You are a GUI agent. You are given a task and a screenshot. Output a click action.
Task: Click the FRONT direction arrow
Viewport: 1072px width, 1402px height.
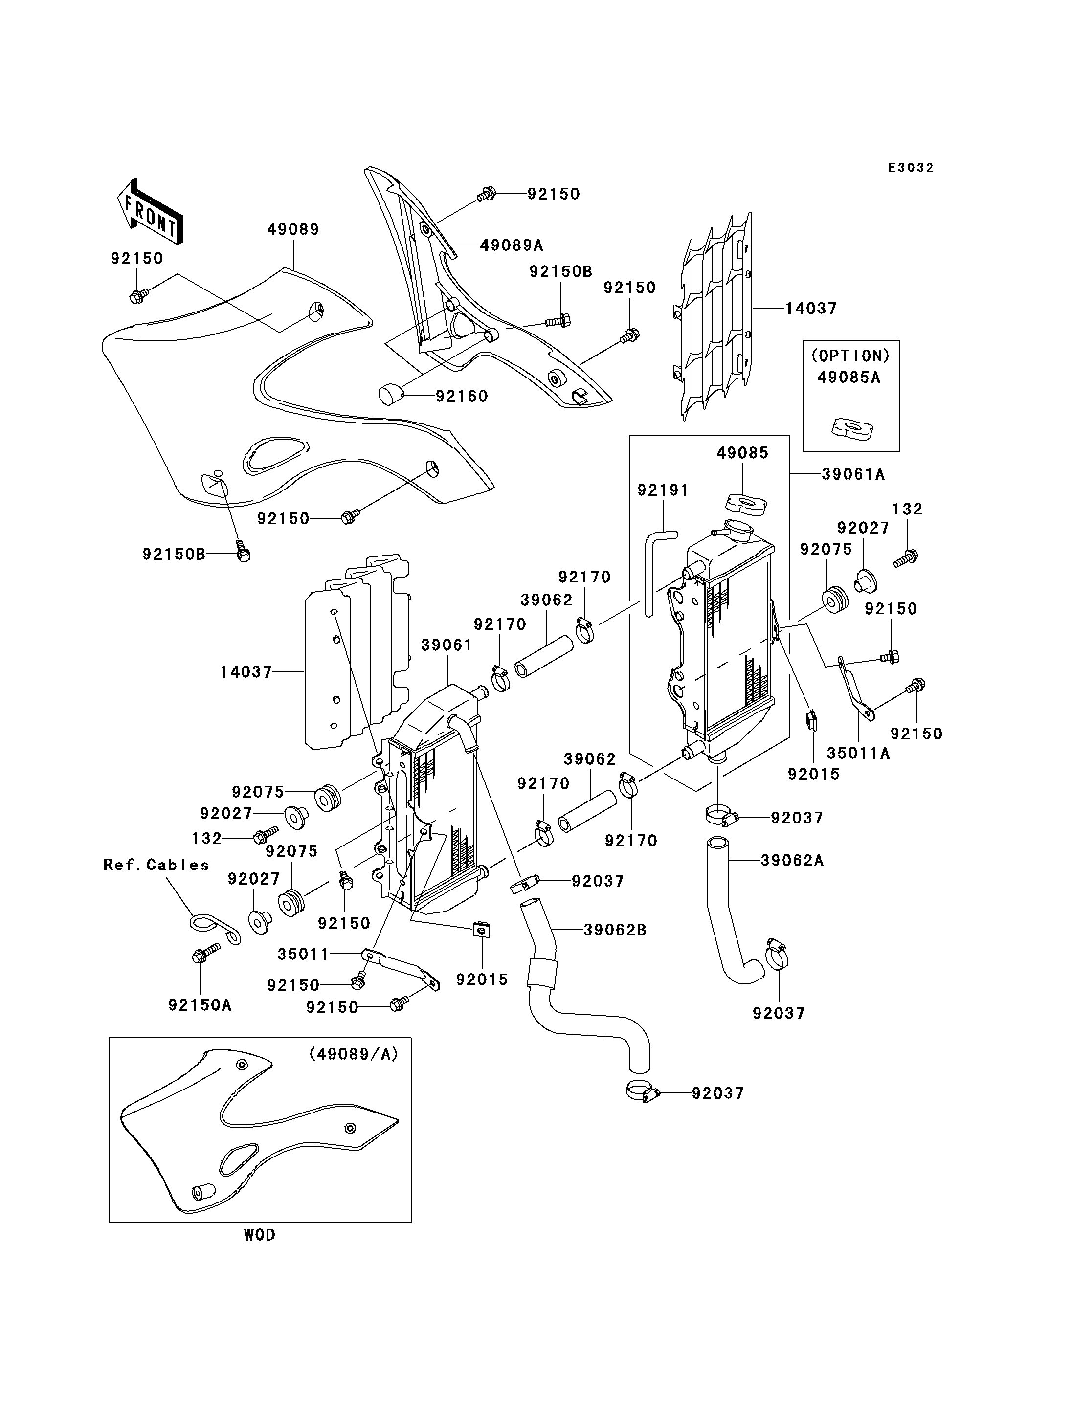[150, 211]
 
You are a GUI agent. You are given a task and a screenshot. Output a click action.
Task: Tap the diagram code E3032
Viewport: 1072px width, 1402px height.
[911, 168]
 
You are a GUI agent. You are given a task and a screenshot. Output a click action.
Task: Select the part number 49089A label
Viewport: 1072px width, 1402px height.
[512, 245]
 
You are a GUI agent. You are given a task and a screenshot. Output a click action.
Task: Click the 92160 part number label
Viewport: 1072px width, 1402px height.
[462, 396]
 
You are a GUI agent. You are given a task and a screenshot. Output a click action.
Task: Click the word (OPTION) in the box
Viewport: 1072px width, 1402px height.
[850, 356]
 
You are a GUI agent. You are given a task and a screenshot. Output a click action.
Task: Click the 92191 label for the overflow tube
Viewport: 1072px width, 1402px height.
[664, 490]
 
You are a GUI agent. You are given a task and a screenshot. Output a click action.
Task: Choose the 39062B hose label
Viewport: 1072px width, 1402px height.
[615, 931]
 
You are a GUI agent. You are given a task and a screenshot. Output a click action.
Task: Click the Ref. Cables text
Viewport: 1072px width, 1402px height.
[156, 865]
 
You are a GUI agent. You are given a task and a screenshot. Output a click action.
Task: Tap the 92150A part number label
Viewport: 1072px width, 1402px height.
[200, 1005]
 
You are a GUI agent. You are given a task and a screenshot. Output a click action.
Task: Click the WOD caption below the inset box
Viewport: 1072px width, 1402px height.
[260, 1235]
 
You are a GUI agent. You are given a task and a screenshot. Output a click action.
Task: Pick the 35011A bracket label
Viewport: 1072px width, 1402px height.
[858, 753]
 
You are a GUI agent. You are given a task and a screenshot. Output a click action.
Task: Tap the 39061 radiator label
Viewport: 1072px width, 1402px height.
[447, 645]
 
